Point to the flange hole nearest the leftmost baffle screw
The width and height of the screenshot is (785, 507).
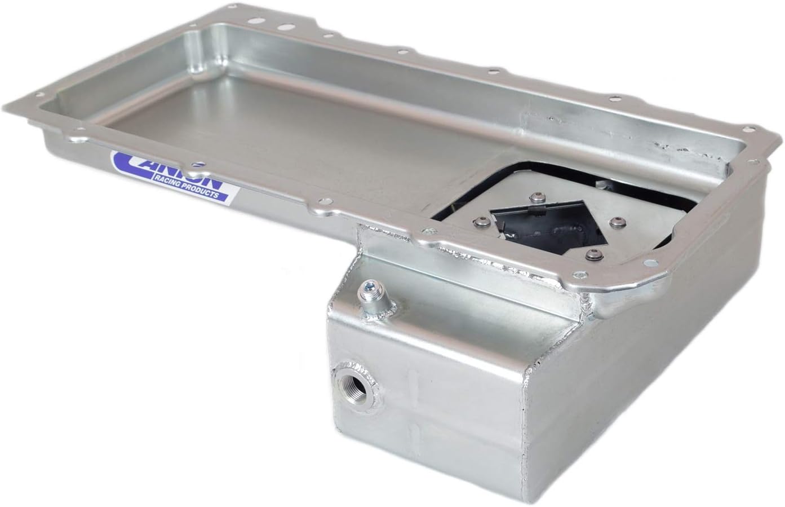[x=431, y=230]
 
